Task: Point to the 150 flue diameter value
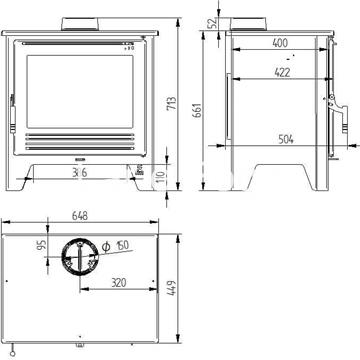click(x=122, y=246)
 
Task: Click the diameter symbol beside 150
click(x=107, y=246)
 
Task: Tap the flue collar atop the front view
click(x=83, y=22)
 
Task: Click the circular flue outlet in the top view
click(x=79, y=259)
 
